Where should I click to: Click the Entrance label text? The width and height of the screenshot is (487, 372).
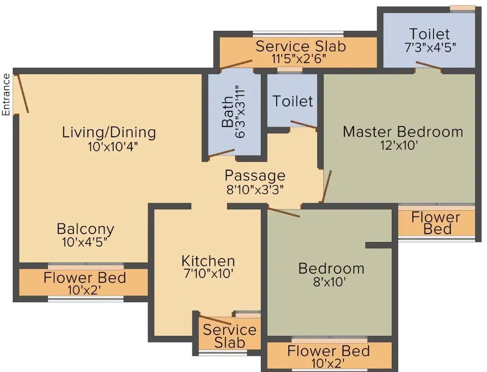click(x=6, y=94)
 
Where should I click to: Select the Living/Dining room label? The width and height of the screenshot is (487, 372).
click(x=109, y=132)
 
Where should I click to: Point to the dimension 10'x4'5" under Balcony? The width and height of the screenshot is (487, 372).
click(x=85, y=242)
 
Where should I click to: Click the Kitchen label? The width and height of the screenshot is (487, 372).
click(x=208, y=261)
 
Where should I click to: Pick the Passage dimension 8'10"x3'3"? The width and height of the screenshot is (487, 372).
click(x=255, y=189)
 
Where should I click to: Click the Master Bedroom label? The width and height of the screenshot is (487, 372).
click(x=402, y=131)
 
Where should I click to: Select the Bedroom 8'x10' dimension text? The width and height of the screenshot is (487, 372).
click(x=331, y=282)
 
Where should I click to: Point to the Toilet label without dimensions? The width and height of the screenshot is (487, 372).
click(x=292, y=101)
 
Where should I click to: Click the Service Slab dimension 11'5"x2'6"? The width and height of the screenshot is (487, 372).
click(x=299, y=60)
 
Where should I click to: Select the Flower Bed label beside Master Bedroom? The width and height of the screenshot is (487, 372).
click(x=436, y=223)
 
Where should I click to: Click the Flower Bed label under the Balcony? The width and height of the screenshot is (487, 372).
click(x=85, y=278)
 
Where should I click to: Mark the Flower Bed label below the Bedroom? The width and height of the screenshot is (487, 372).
click(x=328, y=351)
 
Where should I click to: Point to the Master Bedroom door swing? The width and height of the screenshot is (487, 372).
click(x=327, y=186)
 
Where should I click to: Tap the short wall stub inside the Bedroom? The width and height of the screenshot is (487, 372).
click(x=379, y=245)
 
